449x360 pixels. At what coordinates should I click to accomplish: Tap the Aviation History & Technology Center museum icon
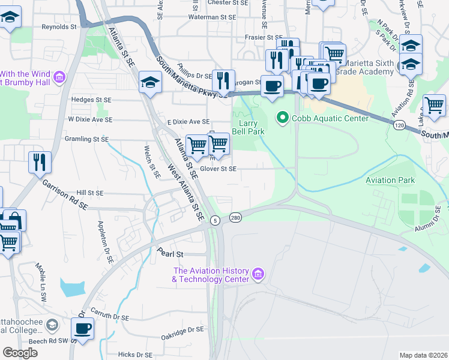tap(259, 275)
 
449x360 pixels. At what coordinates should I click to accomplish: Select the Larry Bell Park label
tap(248, 127)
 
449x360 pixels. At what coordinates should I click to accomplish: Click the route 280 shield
tap(235, 218)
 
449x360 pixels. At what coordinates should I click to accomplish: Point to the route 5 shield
tap(214, 221)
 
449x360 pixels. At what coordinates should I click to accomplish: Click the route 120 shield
tap(399, 125)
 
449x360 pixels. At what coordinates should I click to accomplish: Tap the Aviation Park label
tap(390, 180)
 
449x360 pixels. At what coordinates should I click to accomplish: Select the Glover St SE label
tap(218, 169)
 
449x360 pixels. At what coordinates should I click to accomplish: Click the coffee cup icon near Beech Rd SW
tap(82, 328)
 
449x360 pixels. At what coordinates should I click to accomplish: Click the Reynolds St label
tap(59, 27)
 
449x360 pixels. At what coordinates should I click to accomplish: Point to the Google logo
tap(20, 353)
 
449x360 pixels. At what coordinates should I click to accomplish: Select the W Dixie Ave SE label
tap(90, 119)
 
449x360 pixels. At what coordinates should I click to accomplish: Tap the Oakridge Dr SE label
tap(183, 330)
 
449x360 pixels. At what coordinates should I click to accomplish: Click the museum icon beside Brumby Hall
tap(59, 77)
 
